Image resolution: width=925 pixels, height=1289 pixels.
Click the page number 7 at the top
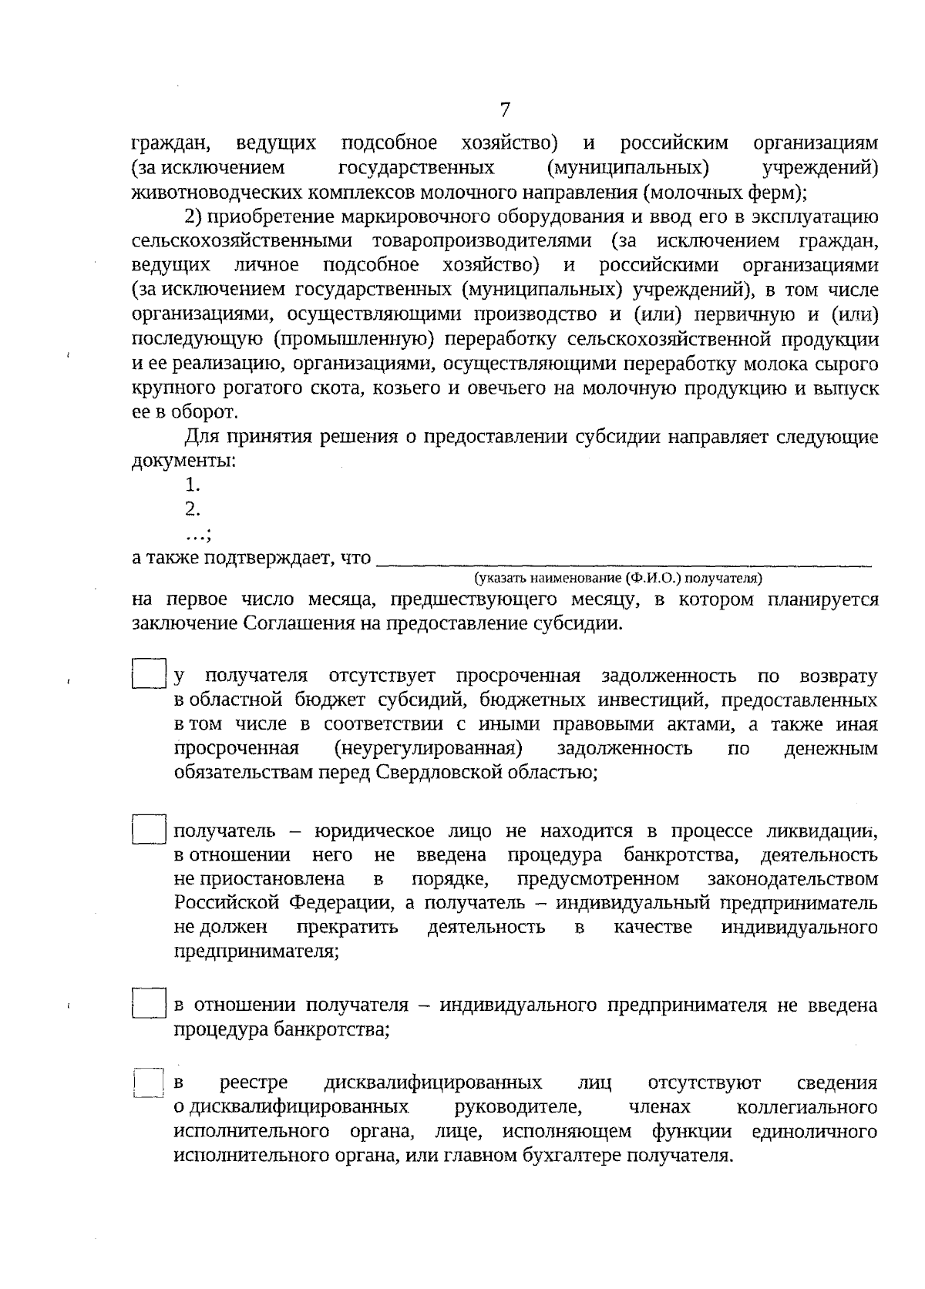(505, 110)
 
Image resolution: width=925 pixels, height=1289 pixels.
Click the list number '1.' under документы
(193, 485)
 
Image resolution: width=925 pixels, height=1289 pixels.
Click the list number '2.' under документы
(193, 509)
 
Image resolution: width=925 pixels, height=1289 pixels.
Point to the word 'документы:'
(183, 462)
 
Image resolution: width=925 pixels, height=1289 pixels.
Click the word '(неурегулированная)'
(428, 748)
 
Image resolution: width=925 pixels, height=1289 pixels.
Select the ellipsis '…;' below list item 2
(198, 533)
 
